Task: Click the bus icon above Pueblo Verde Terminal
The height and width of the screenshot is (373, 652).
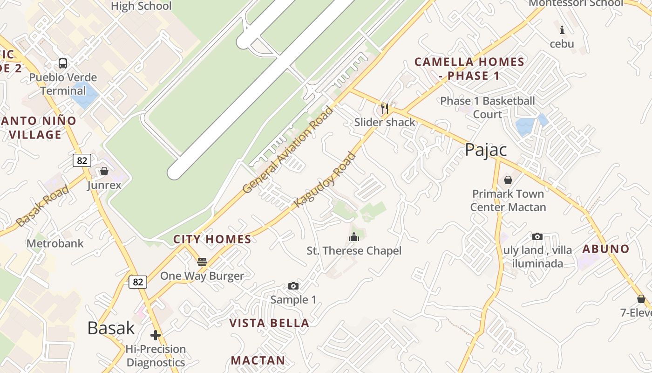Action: [x=63, y=63]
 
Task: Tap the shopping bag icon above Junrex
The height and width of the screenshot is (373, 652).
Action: [x=104, y=171]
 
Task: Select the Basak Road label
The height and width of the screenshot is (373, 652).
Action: [x=43, y=206]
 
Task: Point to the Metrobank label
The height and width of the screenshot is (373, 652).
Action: [x=55, y=243]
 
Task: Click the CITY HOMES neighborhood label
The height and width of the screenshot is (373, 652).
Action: [x=212, y=240]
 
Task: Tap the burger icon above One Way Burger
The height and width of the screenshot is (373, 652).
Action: [x=202, y=262]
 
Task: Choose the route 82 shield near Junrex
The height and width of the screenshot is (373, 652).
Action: [x=82, y=160]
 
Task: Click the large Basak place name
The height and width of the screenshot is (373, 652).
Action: [x=111, y=328]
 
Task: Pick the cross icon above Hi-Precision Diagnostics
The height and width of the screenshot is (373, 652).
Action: [x=156, y=335]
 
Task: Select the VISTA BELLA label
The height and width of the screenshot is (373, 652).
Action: [x=269, y=323]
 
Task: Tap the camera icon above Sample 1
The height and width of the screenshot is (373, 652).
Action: [x=293, y=286]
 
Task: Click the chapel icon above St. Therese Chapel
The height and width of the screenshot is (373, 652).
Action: [x=354, y=237]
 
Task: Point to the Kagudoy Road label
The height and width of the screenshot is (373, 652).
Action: [x=325, y=180]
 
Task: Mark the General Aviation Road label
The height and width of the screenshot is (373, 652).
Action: [x=288, y=150]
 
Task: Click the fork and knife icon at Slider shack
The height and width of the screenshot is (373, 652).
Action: [x=385, y=109]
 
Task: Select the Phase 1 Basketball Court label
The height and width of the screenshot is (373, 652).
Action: [x=488, y=108]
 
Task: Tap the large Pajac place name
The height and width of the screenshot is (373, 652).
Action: [x=486, y=150]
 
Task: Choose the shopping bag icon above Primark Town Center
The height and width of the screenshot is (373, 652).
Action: [x=508, y=180]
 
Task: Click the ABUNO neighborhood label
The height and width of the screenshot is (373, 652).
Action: [x=606, y=249]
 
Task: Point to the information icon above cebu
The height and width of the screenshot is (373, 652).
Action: [x=562, y=30]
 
